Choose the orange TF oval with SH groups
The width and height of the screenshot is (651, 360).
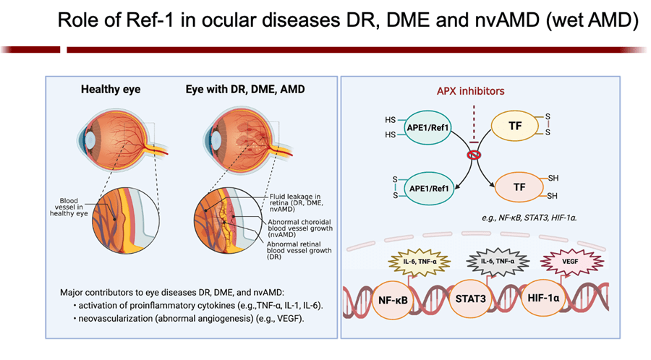tap(519, 187)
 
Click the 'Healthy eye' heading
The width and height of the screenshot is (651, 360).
tap(110, 90)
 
